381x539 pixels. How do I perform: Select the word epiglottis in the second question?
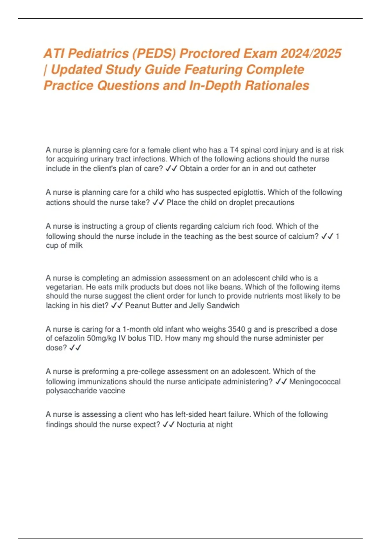coord(250,192)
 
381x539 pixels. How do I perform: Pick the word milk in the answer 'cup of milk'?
coord(76,245)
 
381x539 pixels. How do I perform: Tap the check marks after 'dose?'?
coord(75,348)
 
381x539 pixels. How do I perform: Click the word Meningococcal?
coord(315,382)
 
